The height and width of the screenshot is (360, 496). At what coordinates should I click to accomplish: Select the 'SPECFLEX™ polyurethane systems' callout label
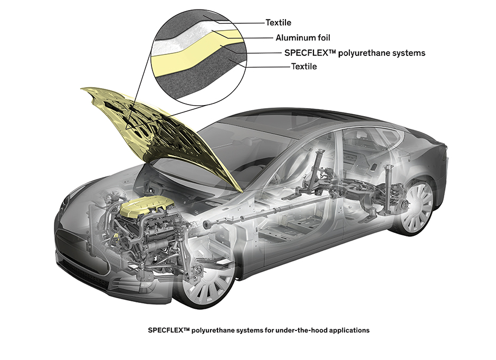coord(355,53)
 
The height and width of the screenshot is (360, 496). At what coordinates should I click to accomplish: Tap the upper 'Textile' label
coord(278,23)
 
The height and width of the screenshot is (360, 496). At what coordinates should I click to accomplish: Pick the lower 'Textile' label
coord(304,67)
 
